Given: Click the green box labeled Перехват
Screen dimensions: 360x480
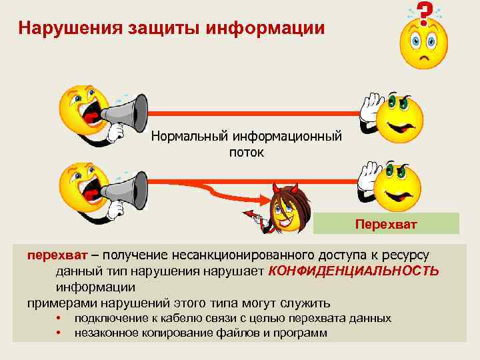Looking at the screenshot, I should [387, 223].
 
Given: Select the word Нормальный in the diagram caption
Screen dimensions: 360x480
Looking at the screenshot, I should [189, 137].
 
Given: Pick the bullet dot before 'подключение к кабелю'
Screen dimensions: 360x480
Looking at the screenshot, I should [59, 318].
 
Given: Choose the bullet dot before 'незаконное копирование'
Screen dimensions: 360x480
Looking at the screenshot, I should [59, 332].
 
